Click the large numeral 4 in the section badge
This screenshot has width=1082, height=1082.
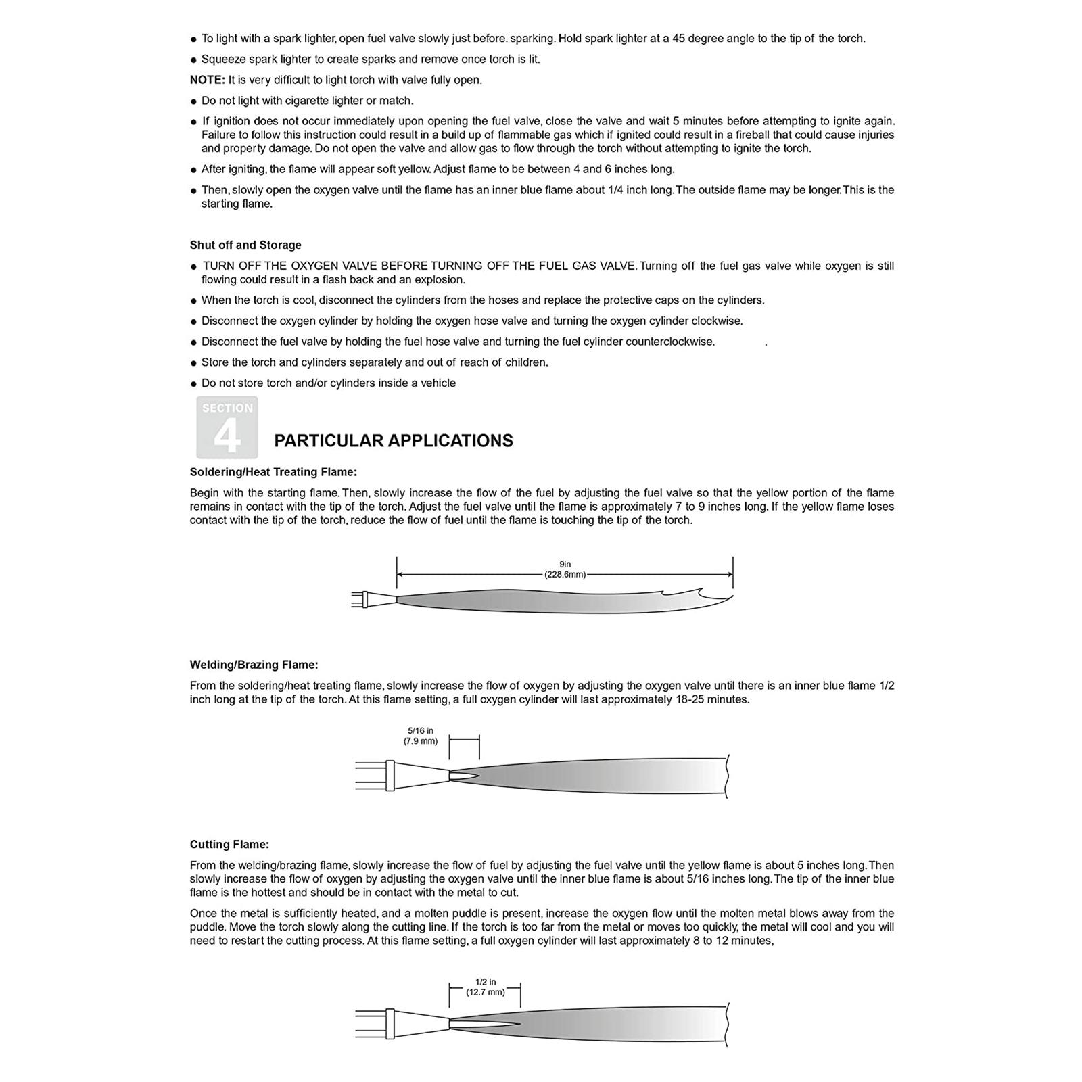[x=227, y=437]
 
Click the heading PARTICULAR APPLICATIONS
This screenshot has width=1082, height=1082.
[x=393, y=441]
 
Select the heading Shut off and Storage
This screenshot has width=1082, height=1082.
[x=245, y=245]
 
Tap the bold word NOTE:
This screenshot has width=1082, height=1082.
[x=207, y=80]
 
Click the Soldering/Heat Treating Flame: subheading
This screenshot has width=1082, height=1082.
[x=273, y=472]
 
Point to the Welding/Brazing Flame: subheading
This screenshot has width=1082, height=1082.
[x=254, y=665]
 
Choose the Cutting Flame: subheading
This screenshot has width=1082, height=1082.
[x=229, y=844]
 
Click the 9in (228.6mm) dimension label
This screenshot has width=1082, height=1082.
[x=565, y=569]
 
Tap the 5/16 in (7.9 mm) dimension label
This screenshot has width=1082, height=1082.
[x=421, y=736]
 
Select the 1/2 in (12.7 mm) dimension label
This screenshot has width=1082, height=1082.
[x=485, y=987]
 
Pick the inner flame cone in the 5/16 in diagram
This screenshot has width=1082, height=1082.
[x=465, y=776]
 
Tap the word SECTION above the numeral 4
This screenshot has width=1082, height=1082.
[x=227, y=408]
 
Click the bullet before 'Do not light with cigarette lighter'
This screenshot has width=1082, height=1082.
[x=194, y=101]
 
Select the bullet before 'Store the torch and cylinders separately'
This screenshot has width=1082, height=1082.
[x=194, y=363]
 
